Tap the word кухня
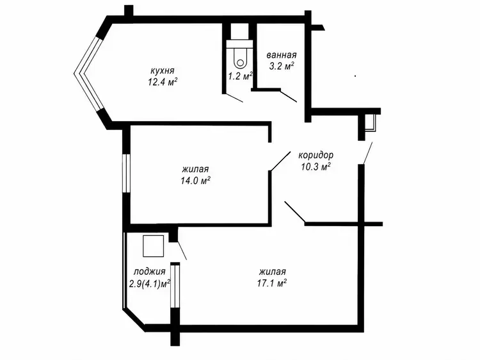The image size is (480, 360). [x=163, y=70]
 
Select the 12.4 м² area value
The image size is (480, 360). [x=163, y=83]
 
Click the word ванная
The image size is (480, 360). [x=282, y=55]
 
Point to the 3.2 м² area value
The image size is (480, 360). [x=282, y=66]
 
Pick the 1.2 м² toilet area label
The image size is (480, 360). [x=241, y=76]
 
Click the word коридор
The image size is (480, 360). [x=316, y=155]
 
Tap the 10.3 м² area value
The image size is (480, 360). [x=316, y=167]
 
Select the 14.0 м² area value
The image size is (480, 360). [x=195, y=181]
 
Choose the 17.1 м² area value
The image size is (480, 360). [x=272, y=283]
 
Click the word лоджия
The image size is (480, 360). [x=150, y=272]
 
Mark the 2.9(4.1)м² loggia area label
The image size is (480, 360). [x=150, y=284]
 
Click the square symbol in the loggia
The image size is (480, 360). [x=154, y=246]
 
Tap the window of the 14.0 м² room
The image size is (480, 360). [x=126, y=173]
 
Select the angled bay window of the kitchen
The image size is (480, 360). [x=90, y=74]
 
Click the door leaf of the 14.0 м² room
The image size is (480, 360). [x=280, y=161]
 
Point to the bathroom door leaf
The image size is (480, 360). [x=289, y=96]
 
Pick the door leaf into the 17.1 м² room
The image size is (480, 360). [x=295, y=212]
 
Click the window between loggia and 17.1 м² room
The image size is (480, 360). [x=175, y=286]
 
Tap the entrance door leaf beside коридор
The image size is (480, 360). [x=367, y=153]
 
